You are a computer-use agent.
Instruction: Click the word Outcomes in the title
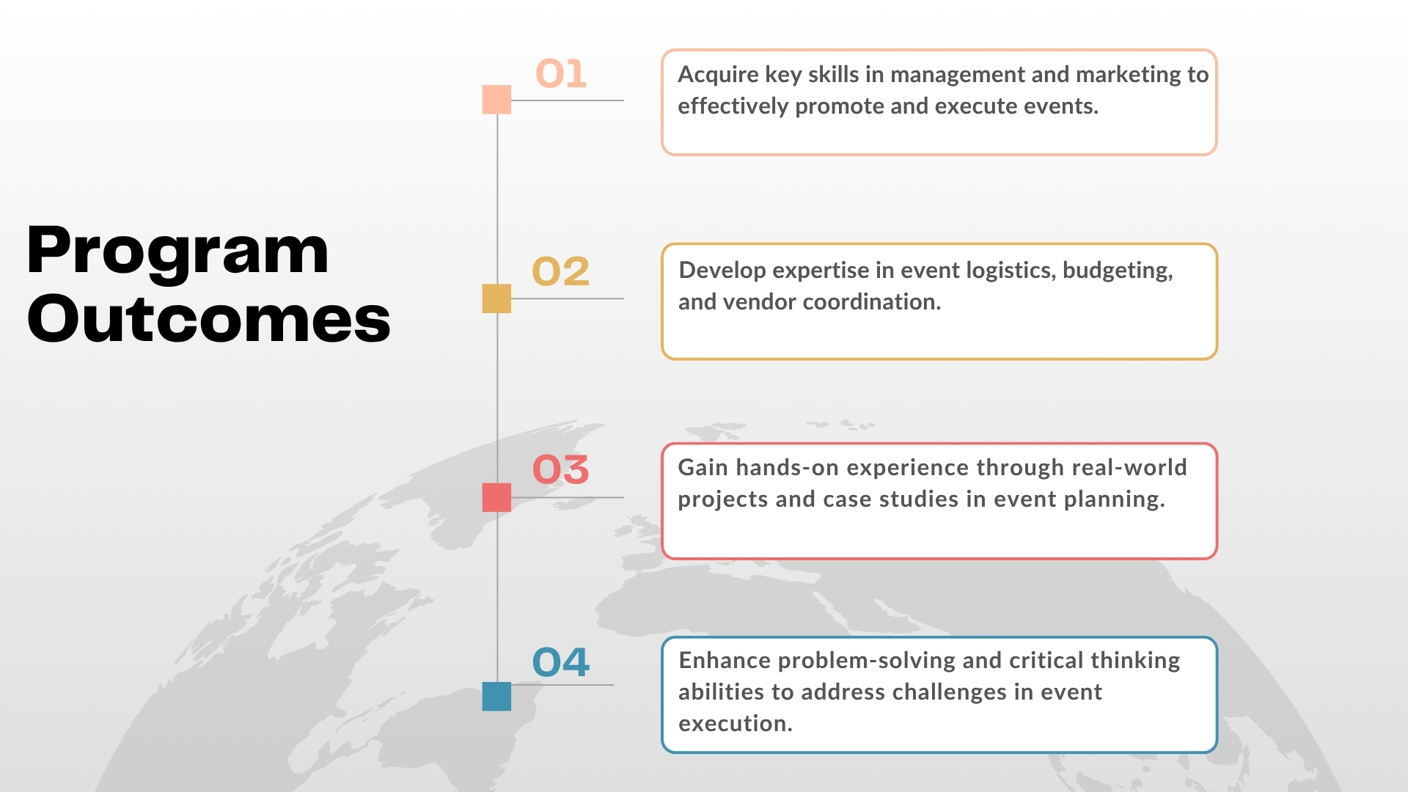(x=209, y=318)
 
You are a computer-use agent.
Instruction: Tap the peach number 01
(x=561, y=74)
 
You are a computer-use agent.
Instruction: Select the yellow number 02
(x=560, y=271)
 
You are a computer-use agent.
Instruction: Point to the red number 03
(x=560, y=469)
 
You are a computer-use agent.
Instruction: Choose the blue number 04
(x=560, y=662)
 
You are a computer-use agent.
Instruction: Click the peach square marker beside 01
(x=496, y=100)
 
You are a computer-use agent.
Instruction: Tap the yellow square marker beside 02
(x=496, y=298)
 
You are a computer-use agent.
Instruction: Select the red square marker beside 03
(x=496, y=497)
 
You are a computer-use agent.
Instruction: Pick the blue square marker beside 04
(x=496, y=696)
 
